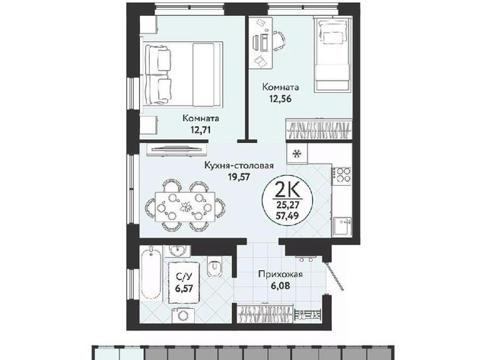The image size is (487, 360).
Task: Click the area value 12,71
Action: (201, 129)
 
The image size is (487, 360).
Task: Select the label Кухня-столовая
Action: (238, 166)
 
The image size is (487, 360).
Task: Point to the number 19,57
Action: (239, 177)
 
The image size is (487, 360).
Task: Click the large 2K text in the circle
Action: (288, 190)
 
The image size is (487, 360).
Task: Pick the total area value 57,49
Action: (288, 215)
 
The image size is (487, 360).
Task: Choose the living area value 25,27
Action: (288, 205)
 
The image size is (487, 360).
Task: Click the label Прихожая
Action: (281, 274)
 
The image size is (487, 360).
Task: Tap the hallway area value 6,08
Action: (281, 285)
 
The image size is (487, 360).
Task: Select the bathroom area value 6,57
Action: (184, 288)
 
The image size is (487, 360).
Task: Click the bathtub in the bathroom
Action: (151, 272)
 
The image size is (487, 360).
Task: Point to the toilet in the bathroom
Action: (215, 266)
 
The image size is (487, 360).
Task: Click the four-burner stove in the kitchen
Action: (342, 175)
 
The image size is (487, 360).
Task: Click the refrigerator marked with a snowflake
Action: (298, 154)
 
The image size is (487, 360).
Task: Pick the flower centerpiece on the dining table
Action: (186, 206)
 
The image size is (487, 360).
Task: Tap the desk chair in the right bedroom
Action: (279, 40)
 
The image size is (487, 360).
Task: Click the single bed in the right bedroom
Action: (332, 55)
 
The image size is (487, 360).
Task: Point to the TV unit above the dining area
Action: (177, 149)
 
